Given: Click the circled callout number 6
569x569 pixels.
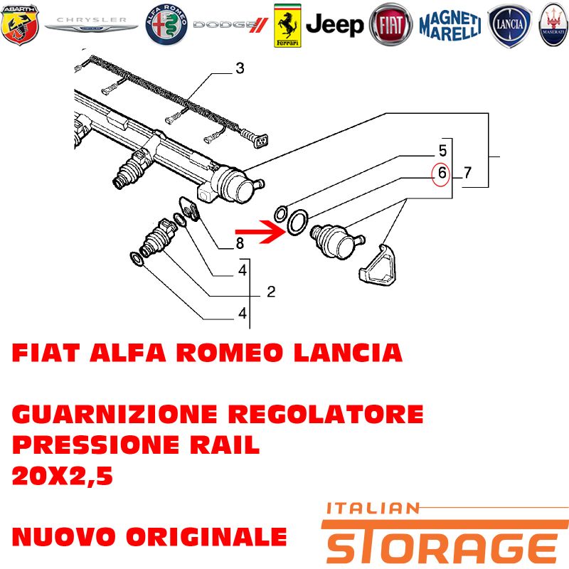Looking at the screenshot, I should tap(441, 172).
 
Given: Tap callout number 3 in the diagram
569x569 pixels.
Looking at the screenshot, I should tap(240, 69).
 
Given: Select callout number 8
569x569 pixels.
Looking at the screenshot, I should tap(240, 243).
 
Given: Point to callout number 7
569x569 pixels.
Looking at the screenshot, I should tap(467, 172).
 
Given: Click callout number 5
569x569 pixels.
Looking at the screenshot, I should tap(442, 151).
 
